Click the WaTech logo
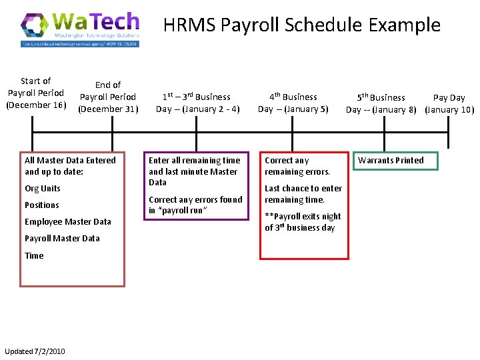click(x=80, y=29)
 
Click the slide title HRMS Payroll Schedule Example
click(x=301, y=25)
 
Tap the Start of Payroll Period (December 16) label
click(x=35, y=93)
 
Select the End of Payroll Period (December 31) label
click(x=108, y=97)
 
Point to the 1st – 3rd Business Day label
click(x=197, y=103)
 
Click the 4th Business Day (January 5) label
click(x=293, y=103)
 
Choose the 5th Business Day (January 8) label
click(x=385, y=103)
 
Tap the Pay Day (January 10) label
click(x=449, y=103)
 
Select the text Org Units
click(x=43, y=189)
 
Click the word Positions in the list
click(x=42, y=205)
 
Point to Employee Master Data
click(x=68, y=222)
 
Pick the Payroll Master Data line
click(x=62, y=239)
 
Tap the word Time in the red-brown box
click(x=34, y=255)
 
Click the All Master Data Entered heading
click(x=70, y=166)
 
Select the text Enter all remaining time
click(x=194, y=161)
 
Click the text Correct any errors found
click(x=195, y=199)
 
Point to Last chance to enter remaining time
click(x=303, y=194)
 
